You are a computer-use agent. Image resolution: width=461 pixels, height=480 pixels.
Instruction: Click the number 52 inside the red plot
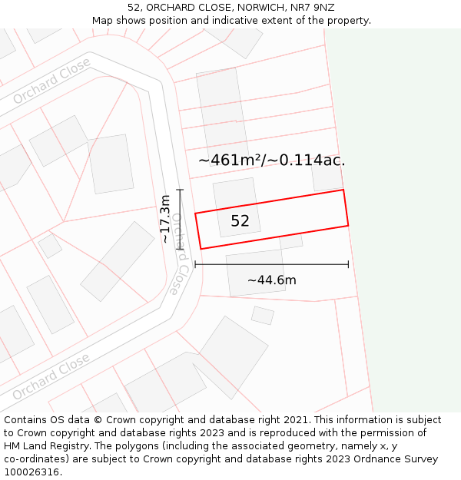(x=240, y=221)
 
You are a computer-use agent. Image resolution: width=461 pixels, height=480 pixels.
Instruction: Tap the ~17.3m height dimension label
(x=165, y=220)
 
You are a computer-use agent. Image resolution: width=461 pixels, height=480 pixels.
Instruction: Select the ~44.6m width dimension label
(x=271, y=280)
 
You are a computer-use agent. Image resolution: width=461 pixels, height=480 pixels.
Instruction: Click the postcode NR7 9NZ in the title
(x=313, y=7)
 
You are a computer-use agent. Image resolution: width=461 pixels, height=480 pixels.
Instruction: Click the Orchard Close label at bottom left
(x=51, y=377)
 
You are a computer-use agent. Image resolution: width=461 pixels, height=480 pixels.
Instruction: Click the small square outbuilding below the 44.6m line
(x=263, y=315)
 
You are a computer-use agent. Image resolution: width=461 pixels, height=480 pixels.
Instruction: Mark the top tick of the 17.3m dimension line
(x=181, y=189)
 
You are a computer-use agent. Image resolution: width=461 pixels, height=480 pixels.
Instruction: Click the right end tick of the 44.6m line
(x=348, y=264)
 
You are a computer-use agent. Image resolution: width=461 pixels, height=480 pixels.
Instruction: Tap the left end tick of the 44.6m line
(x=195, y=264)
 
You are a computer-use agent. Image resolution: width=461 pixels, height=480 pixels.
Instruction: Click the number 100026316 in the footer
(x=31, y=472)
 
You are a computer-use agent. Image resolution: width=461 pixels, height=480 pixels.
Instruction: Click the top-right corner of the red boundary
(x=343, y=190)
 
